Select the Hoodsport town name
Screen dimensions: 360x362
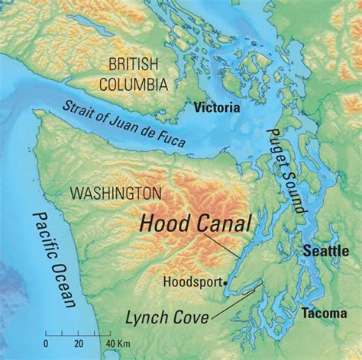coord(192,281)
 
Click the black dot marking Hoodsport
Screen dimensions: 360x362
coord(226,282)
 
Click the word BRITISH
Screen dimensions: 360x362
coord(134,63)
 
